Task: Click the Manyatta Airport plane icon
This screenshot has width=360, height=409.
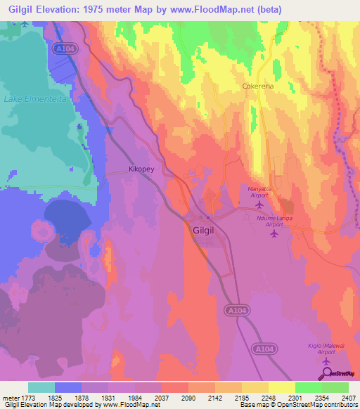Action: [259, 204]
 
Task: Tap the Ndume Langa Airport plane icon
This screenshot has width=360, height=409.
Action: [274, 233]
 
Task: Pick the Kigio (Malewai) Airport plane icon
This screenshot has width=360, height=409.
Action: [326, 361]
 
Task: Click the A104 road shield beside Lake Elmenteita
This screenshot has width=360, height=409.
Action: [60, 48]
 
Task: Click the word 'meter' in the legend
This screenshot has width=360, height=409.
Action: [10, 397]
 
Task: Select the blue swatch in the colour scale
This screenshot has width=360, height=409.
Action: [68, 387]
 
